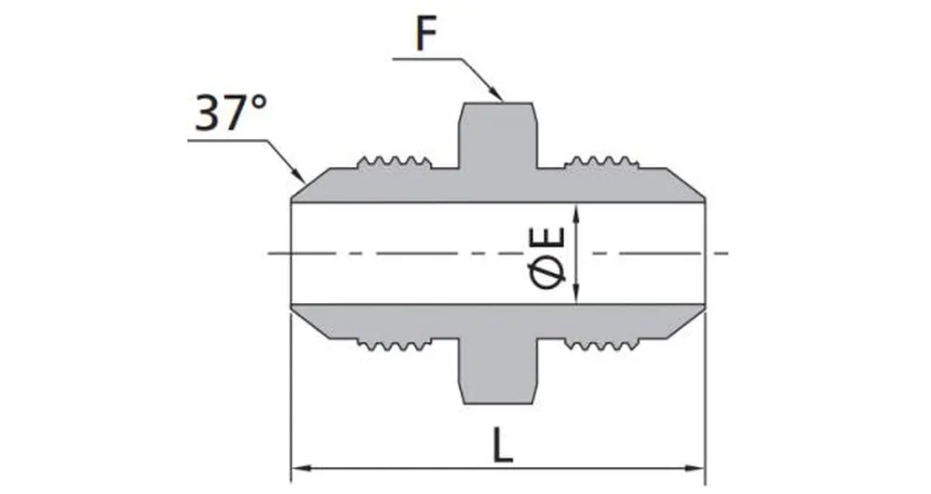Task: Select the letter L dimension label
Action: [503, 446]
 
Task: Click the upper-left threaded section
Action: [395, 162]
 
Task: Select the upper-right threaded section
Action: [601, 162]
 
